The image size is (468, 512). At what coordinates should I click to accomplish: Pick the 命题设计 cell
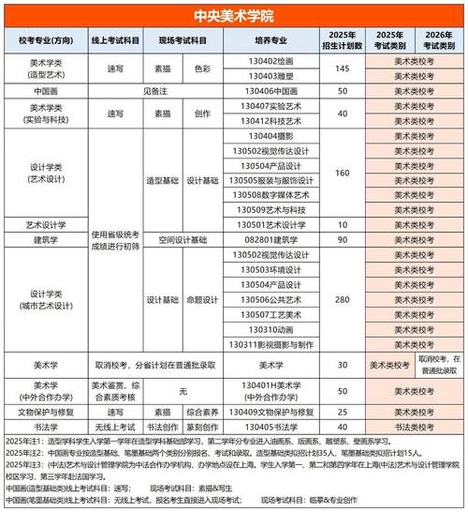pos(201,299)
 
